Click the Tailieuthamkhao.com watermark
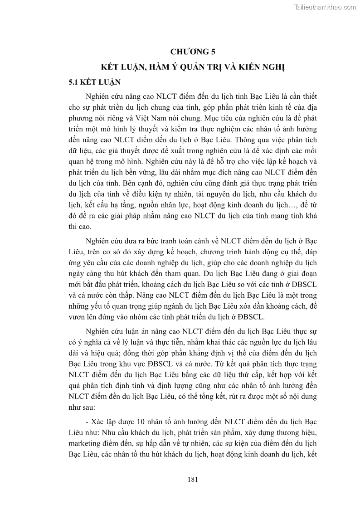325,7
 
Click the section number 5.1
74,83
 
